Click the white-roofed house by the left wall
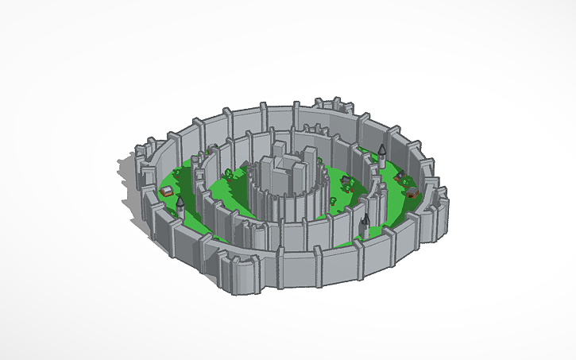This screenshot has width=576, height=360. [168, 192]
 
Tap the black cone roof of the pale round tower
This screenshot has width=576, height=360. [382, 149]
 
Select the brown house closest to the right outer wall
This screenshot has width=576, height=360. [412, 192]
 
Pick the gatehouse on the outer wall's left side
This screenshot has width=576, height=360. [145, 155]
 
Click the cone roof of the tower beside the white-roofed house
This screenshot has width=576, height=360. [180, 202]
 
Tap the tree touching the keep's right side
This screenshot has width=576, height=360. [327, 193]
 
